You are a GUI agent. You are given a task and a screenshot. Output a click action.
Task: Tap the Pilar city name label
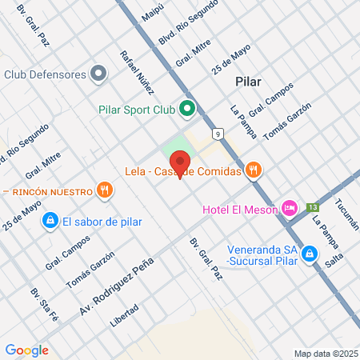250,82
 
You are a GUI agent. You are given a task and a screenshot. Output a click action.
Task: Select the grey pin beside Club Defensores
98,74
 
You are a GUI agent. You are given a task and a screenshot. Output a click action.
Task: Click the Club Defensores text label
45,74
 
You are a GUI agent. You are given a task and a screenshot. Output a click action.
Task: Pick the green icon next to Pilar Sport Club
187,108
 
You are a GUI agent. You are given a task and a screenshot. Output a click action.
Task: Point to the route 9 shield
217,134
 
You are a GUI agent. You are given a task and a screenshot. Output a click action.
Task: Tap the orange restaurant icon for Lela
254,169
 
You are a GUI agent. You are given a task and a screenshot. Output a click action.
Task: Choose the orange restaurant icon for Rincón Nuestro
104,190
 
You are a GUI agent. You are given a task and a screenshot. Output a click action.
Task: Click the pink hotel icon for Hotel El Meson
290,209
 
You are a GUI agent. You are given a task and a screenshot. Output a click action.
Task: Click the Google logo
26,350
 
